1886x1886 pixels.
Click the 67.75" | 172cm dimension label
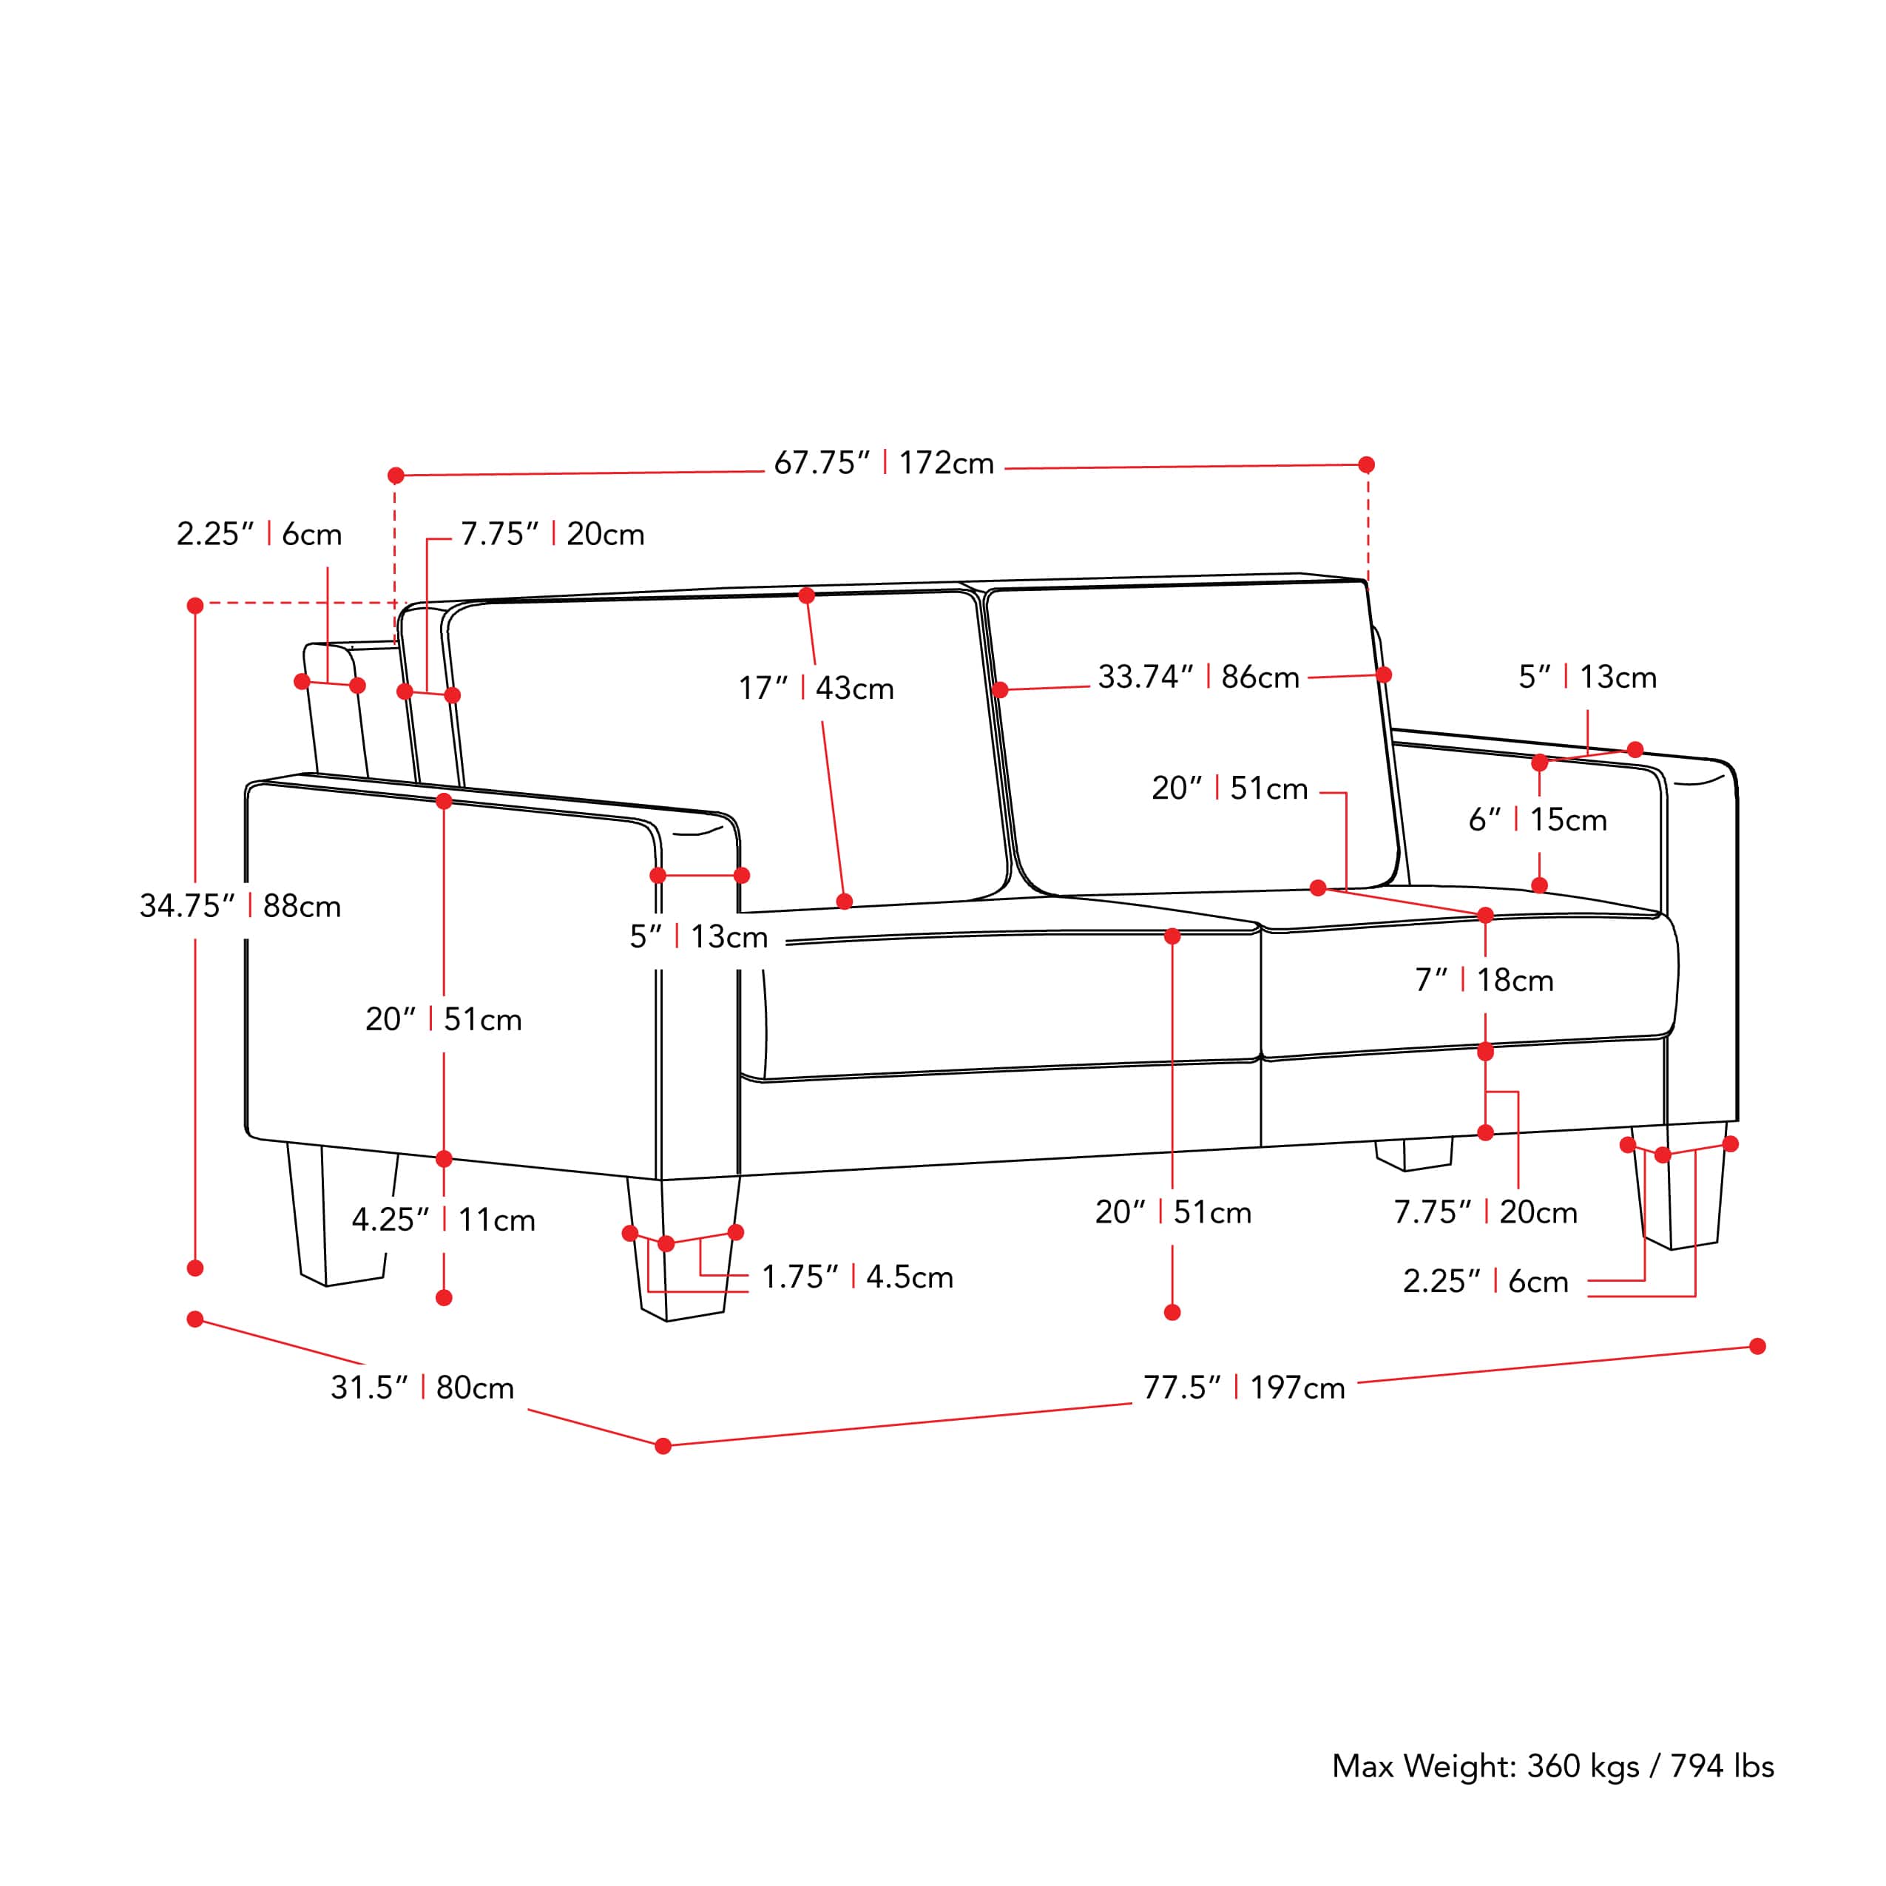click(x=883, y=463)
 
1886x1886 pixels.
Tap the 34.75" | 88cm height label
click(x=240, y=906)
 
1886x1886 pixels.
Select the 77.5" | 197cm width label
click(x=1244, y=1388)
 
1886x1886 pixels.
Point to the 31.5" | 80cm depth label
click(x=422, y=1388)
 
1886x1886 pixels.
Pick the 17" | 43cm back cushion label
click(x=815, y=689)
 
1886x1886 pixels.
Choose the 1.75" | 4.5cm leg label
click(x=856, y=1277)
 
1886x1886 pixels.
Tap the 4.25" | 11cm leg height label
click(x=443, y=1220)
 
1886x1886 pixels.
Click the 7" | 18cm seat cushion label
click(x=1484, y=980)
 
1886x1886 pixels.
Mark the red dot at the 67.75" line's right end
click(x=1366, y=464)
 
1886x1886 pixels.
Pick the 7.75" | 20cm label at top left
click(x=552, y=534)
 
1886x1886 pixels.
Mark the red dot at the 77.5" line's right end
click(x=1757, y=1346)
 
